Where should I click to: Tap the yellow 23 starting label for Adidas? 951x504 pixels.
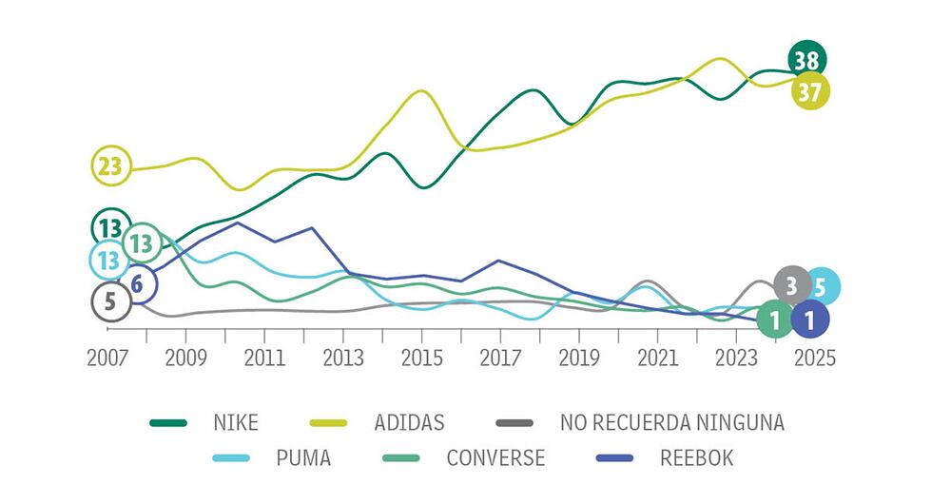pyautogui.click(x=110, y=166)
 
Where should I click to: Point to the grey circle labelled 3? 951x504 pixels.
pyautogui.click(x=791, y=283)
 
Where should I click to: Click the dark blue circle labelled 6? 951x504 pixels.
pyautogui.click(x=138, y=282)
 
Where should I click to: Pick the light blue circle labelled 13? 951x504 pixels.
pyautogui.click(x=107, y=258)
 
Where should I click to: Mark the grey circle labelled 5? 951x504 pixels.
pyautogui.click(x=110, y=302)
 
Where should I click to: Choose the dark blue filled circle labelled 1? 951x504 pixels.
pyautogui.click(x=809, y=320)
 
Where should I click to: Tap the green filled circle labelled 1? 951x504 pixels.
pyautogui.click(x=775, y=320)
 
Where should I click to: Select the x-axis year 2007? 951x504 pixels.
pyautogui.click(x=107, y=358)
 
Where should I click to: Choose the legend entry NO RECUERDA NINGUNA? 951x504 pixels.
pyautogui.click(x=671, y=422)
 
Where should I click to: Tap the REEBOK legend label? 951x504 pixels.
pyautogui.click(x=696, y=458)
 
